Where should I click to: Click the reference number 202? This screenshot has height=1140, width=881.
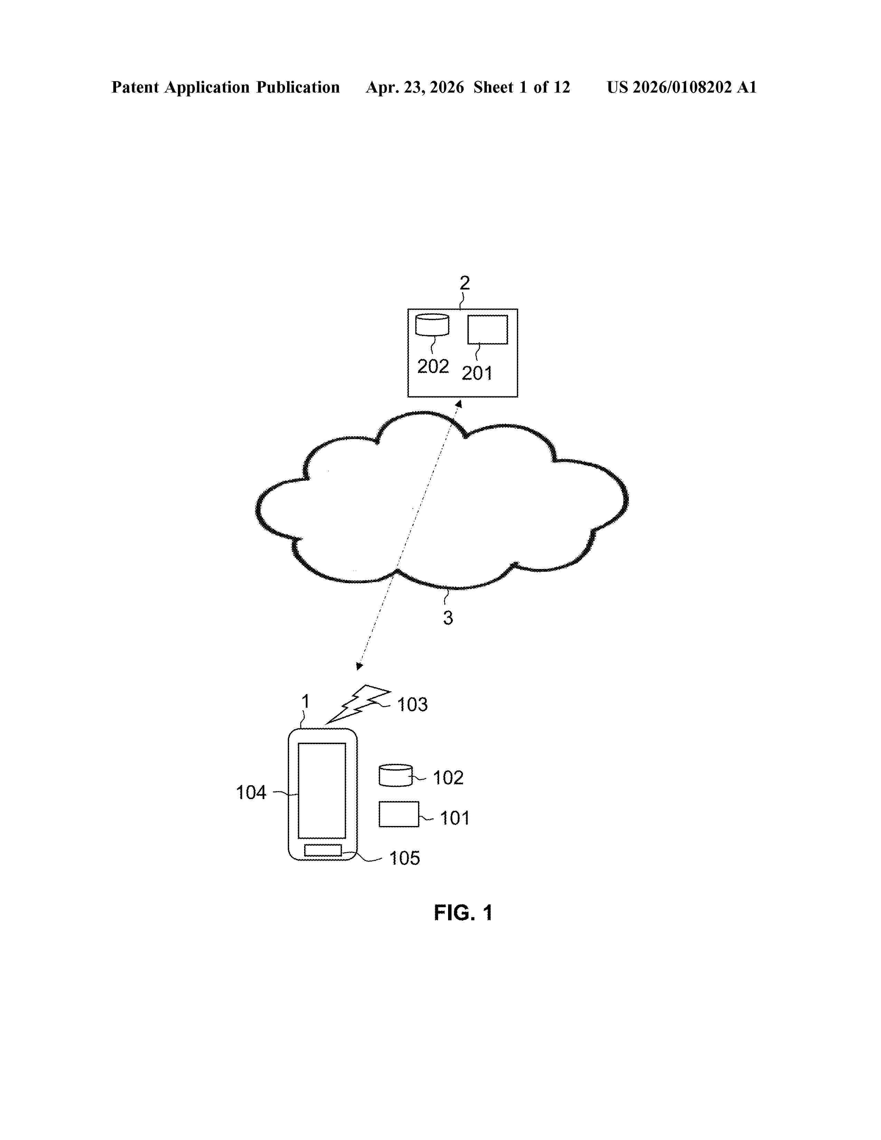pyautogui.click(x=433, y=367)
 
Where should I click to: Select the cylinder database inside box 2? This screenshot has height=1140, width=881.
pyautogui.click(x=432, y=325)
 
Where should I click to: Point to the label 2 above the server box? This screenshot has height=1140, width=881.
pyautogui.click(x=464, y=283)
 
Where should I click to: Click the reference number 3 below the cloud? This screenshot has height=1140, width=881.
pyautogui.click(x=448, y=618)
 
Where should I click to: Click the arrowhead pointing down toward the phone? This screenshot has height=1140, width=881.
pyautogui.click(x=359, y=666)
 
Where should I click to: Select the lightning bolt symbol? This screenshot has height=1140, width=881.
pyautogui.click(x=358, y=704)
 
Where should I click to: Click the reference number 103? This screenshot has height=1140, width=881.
pyautogui.click(x=412, y=705)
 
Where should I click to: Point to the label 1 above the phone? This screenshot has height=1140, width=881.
pyautogui.click(x=306, y=701)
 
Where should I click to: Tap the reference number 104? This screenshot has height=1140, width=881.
pyautogui.click(x=251, y=792)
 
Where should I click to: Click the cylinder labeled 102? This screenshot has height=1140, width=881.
pyautogui.click(x=396, y=775)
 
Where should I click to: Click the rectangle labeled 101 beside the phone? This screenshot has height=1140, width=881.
pyautogui.click(x=399, y=814)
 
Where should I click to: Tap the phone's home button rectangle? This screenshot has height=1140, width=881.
pyautogui.click(x=323, y=850)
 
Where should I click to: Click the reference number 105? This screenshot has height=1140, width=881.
pyautogui.click(x=405, y=858)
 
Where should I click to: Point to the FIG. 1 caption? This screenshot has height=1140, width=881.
pyautogui.click(x=463, y=913)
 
